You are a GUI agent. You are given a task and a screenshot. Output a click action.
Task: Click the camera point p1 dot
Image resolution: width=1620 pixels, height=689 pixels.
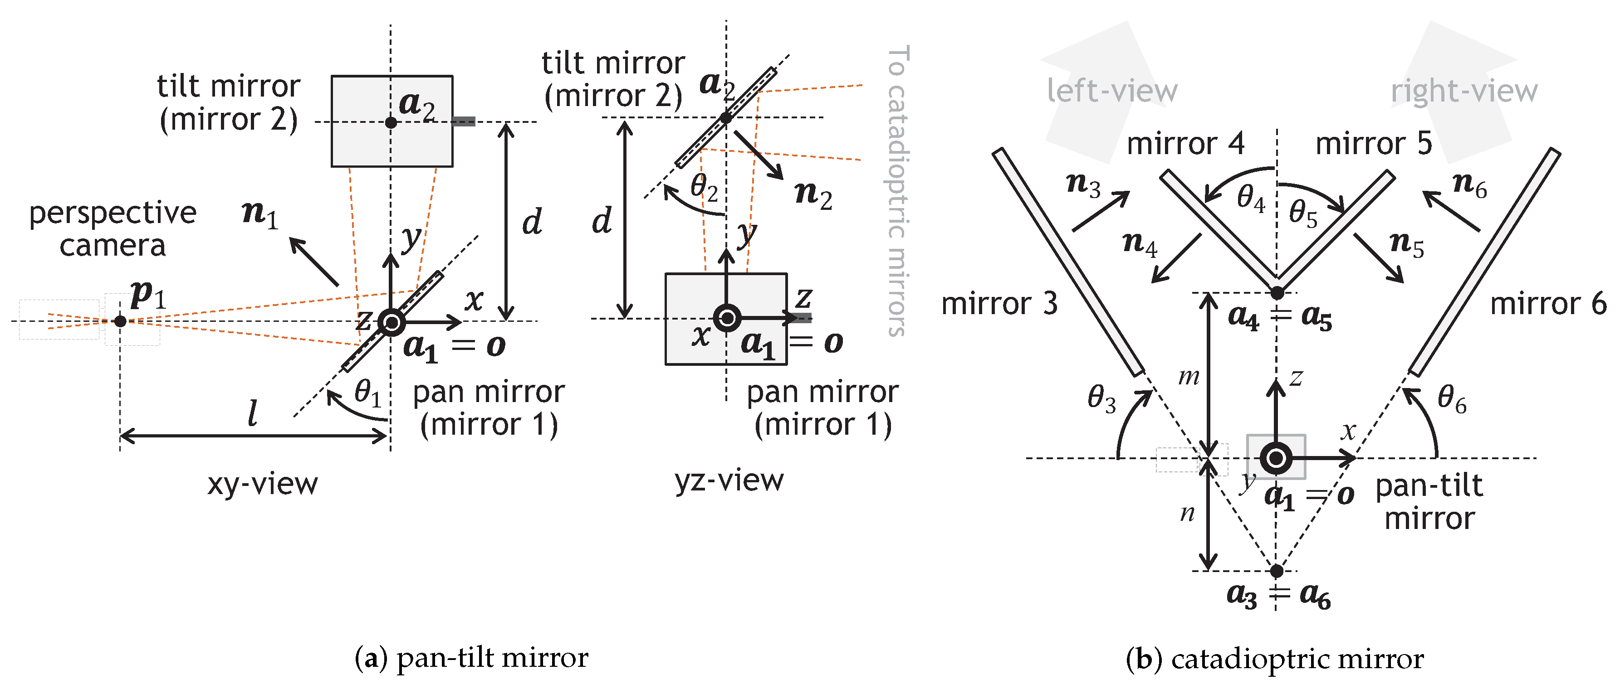click(x=120, y=321)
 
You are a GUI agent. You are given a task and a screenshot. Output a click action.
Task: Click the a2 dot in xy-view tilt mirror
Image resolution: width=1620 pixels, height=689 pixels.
click(x=391, y=122)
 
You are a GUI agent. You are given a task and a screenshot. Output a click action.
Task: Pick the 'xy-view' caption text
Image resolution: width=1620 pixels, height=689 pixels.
click(x=263, y=484)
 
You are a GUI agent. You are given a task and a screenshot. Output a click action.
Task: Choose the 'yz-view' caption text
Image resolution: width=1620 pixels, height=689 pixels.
click(x=729, y=480)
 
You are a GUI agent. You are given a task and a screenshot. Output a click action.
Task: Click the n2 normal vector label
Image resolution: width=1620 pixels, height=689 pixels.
click(x=813, y=194)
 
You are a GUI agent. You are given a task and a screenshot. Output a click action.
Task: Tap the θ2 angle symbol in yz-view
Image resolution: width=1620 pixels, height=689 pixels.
click(x=704, y=187)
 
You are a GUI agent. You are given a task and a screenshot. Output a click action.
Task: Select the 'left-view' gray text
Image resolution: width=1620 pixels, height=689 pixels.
click(x=1112, y=91)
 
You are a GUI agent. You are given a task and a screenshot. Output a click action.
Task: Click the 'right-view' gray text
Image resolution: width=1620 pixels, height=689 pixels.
click(x=1464, y=91)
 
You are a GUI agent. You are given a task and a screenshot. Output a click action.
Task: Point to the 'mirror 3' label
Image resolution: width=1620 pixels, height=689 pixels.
click(x=999, y=304)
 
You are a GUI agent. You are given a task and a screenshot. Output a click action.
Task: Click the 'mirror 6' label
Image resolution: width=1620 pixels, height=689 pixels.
click(x=1548, y=304)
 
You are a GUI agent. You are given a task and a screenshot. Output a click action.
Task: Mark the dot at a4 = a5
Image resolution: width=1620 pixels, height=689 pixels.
click(x=1277, y=293)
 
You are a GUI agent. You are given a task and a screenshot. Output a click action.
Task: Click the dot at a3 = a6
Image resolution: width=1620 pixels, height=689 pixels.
click(x=1276, y=571)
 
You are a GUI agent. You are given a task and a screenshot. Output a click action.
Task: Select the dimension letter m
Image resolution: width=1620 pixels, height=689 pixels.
click(x=1188, y=377)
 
